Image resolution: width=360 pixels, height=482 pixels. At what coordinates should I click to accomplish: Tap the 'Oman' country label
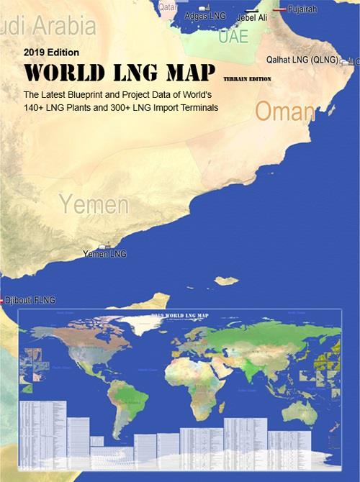285,112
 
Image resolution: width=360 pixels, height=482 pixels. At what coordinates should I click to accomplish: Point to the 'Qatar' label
167,6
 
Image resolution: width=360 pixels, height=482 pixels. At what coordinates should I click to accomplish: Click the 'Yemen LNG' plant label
104,254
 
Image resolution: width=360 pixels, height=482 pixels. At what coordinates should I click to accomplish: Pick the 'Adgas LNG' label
205,15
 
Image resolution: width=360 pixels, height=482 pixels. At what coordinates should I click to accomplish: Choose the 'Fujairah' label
302,9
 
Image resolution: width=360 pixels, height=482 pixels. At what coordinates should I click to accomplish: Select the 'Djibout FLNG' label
30,300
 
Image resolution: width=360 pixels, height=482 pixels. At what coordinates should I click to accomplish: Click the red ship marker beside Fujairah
278,9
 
